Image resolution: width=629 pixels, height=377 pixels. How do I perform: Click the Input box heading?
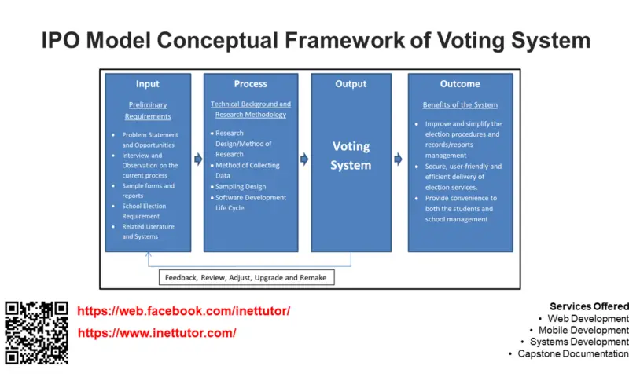[148, 84]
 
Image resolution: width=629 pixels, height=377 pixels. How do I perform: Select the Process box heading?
[250, 84]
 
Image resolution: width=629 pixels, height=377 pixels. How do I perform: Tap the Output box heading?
[351, 84]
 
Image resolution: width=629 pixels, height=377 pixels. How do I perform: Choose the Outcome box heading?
[460, 84]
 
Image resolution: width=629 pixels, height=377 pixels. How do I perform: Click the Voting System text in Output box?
[351, 156]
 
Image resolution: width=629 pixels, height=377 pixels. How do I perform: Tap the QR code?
[36, 332]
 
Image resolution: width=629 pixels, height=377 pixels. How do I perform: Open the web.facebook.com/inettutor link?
[183, 311]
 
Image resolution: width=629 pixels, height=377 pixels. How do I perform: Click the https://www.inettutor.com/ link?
[156, 333]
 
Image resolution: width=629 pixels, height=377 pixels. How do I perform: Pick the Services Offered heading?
[589, 306]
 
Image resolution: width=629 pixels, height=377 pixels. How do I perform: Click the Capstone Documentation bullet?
[572, 353]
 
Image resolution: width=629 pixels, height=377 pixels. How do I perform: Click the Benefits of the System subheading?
[460, 105]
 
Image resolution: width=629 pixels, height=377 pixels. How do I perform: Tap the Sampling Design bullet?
[241, 187]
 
